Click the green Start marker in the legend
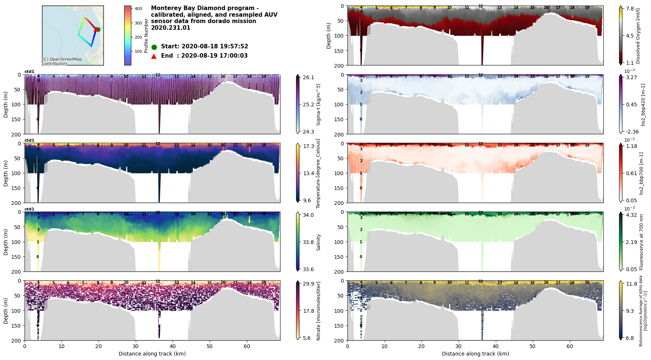click(154, 47)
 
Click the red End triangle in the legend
click(154, 56)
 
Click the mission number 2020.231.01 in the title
click(170, 28)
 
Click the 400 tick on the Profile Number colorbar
click(138, 9)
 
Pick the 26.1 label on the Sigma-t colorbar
click(308, 77)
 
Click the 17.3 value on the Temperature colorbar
click(308, 146)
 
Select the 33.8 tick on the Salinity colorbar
click(308, 242)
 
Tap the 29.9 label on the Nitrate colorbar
click(308, 284)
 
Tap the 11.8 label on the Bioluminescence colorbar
click(631, 284)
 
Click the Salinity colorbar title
click(319, 242)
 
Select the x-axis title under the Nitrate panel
click(152, 354)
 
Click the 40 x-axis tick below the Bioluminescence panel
click(496, 346)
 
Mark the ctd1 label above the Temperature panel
click(29, 141)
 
